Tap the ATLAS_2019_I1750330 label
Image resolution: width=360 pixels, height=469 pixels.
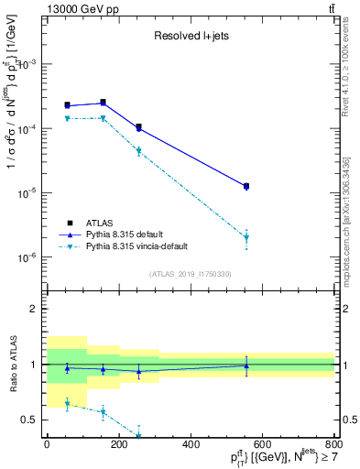click(x=190, y=274)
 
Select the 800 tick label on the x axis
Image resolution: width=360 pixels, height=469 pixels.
click(x=333, y=444)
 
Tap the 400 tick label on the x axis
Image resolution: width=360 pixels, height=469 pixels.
click(x=191, y=444)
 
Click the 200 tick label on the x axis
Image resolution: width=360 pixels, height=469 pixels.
click(x=118, y=444)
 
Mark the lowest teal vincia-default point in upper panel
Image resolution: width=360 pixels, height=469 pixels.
click(x=246, y=238)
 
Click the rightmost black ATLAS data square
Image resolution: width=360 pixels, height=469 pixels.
click(x=246, y=186)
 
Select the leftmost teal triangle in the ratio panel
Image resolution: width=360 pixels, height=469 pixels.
click(x=67, y=404)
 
